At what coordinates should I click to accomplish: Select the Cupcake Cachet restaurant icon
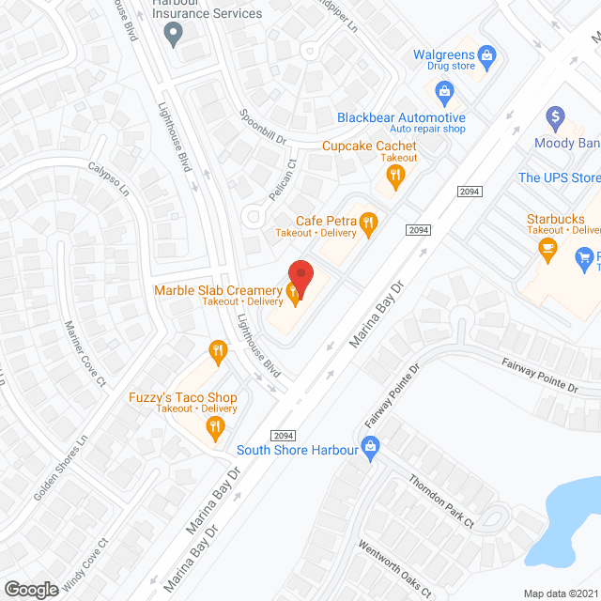pos(398,174)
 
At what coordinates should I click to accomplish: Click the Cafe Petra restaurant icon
pos(369,223)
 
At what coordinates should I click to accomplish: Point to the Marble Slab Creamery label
pos(218,291)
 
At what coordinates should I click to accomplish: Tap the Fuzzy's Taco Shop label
pos(182,397)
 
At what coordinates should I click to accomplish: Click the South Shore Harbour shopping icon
pos(370,449)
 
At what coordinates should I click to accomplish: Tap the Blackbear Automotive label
pos(401,117)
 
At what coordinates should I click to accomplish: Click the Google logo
pos(31,589)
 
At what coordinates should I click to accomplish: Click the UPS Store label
pos(559,177)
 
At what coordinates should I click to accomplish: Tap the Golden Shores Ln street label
pos(60,467)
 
